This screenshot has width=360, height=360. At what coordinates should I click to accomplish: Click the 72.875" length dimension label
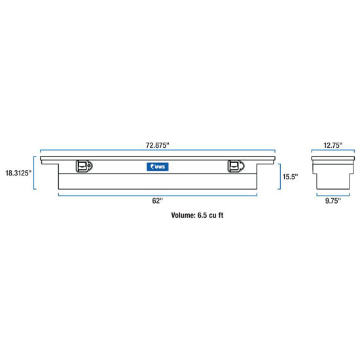tap(158, 145)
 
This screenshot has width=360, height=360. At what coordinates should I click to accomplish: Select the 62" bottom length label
tap(157, 201)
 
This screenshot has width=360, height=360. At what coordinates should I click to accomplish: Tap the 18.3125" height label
tap(18, 173)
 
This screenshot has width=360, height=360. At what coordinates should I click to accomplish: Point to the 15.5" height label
tap(290, 177)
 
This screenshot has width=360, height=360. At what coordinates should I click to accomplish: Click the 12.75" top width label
tap(333, 145)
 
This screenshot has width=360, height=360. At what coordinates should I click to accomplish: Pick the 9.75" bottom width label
tap(333, 201)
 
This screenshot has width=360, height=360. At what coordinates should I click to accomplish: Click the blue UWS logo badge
tap(158, 167)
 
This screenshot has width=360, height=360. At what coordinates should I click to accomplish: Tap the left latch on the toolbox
tap(84, 166)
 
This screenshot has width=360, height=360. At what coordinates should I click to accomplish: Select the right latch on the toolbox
tap(236, 166)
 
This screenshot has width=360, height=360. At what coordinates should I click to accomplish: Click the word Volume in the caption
tap(183, 215)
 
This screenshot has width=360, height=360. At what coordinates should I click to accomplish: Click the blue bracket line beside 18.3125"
tap(34, 173)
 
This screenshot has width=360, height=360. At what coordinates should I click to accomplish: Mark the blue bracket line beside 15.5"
tap(280, 177)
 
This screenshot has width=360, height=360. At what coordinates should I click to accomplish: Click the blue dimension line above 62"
tap(158, 196)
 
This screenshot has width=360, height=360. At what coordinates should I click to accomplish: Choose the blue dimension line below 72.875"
tap(158, 151)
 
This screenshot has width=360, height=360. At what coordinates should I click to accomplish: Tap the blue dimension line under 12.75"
tap(333, 151)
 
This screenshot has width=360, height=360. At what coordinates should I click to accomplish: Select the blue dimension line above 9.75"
tap(333, 196)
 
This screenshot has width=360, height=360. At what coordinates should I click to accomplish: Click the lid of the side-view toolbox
tap(333, 158)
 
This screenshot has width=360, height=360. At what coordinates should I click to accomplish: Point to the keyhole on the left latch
tap(88, 165)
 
